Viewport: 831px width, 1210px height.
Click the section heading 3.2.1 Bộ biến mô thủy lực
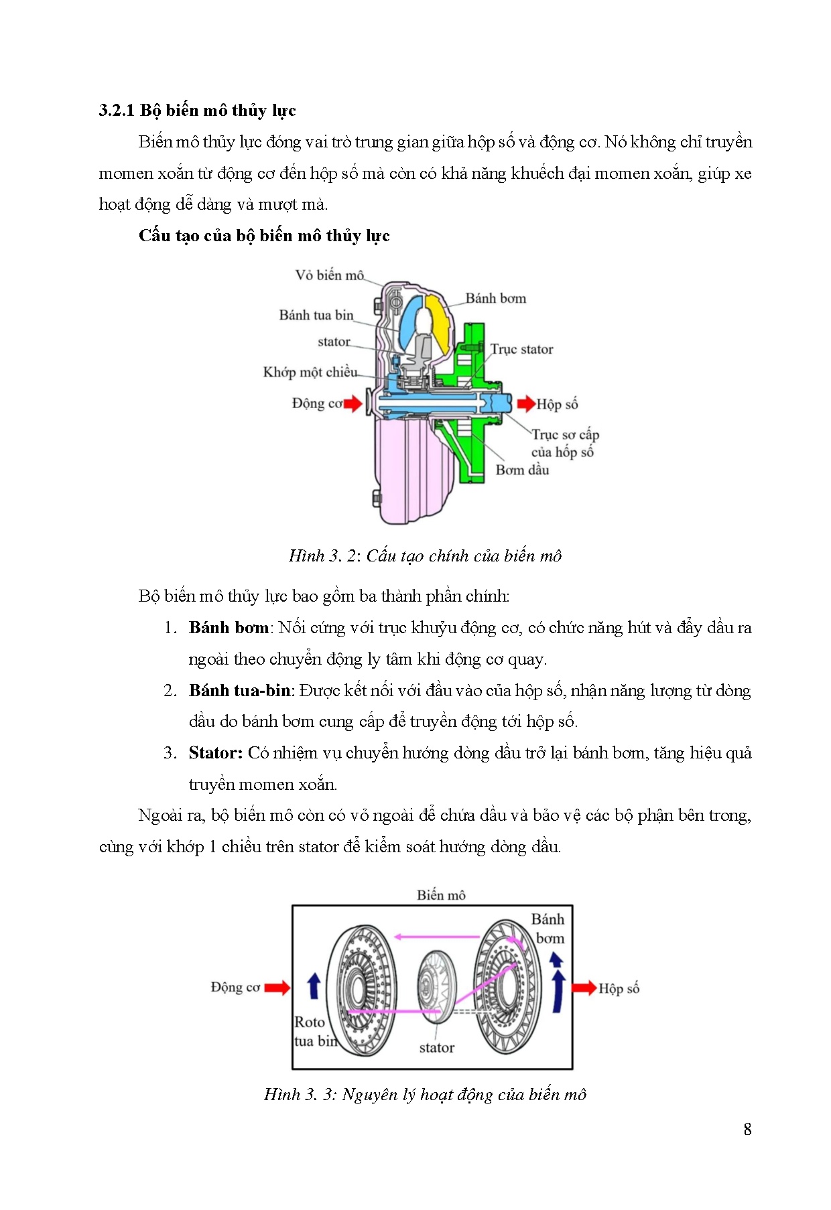(197, 111)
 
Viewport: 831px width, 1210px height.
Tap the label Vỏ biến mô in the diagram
(329, 275)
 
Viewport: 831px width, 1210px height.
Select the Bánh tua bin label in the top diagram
(316, 315)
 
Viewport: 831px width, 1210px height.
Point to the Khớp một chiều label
(310, 373)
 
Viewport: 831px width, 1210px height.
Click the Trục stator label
(521, 349)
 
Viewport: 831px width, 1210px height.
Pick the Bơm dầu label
(522, 470)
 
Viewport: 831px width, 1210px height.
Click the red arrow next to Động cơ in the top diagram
(353, 403)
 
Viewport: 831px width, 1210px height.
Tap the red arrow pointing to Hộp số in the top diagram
(525, 403)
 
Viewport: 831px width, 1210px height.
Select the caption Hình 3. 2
(425, 556)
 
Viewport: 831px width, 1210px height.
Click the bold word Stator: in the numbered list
(215, 753)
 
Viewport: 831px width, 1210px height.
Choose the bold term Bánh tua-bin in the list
(240, 691)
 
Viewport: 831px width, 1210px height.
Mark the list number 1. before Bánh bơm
(170, 628)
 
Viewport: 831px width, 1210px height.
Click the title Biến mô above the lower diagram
(441, 895)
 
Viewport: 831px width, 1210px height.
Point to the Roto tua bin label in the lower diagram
(312, 1032)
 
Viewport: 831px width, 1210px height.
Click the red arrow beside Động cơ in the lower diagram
(277, 988)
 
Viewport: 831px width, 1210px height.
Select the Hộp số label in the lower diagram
(619, 989)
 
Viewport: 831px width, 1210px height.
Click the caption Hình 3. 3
(425, 1095)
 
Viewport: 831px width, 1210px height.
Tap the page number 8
(747, 1130)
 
